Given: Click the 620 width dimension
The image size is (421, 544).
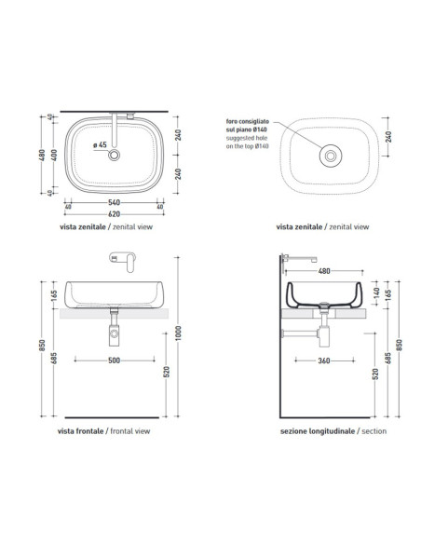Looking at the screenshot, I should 114,210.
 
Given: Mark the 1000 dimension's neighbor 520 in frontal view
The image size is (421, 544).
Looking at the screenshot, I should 167,371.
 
